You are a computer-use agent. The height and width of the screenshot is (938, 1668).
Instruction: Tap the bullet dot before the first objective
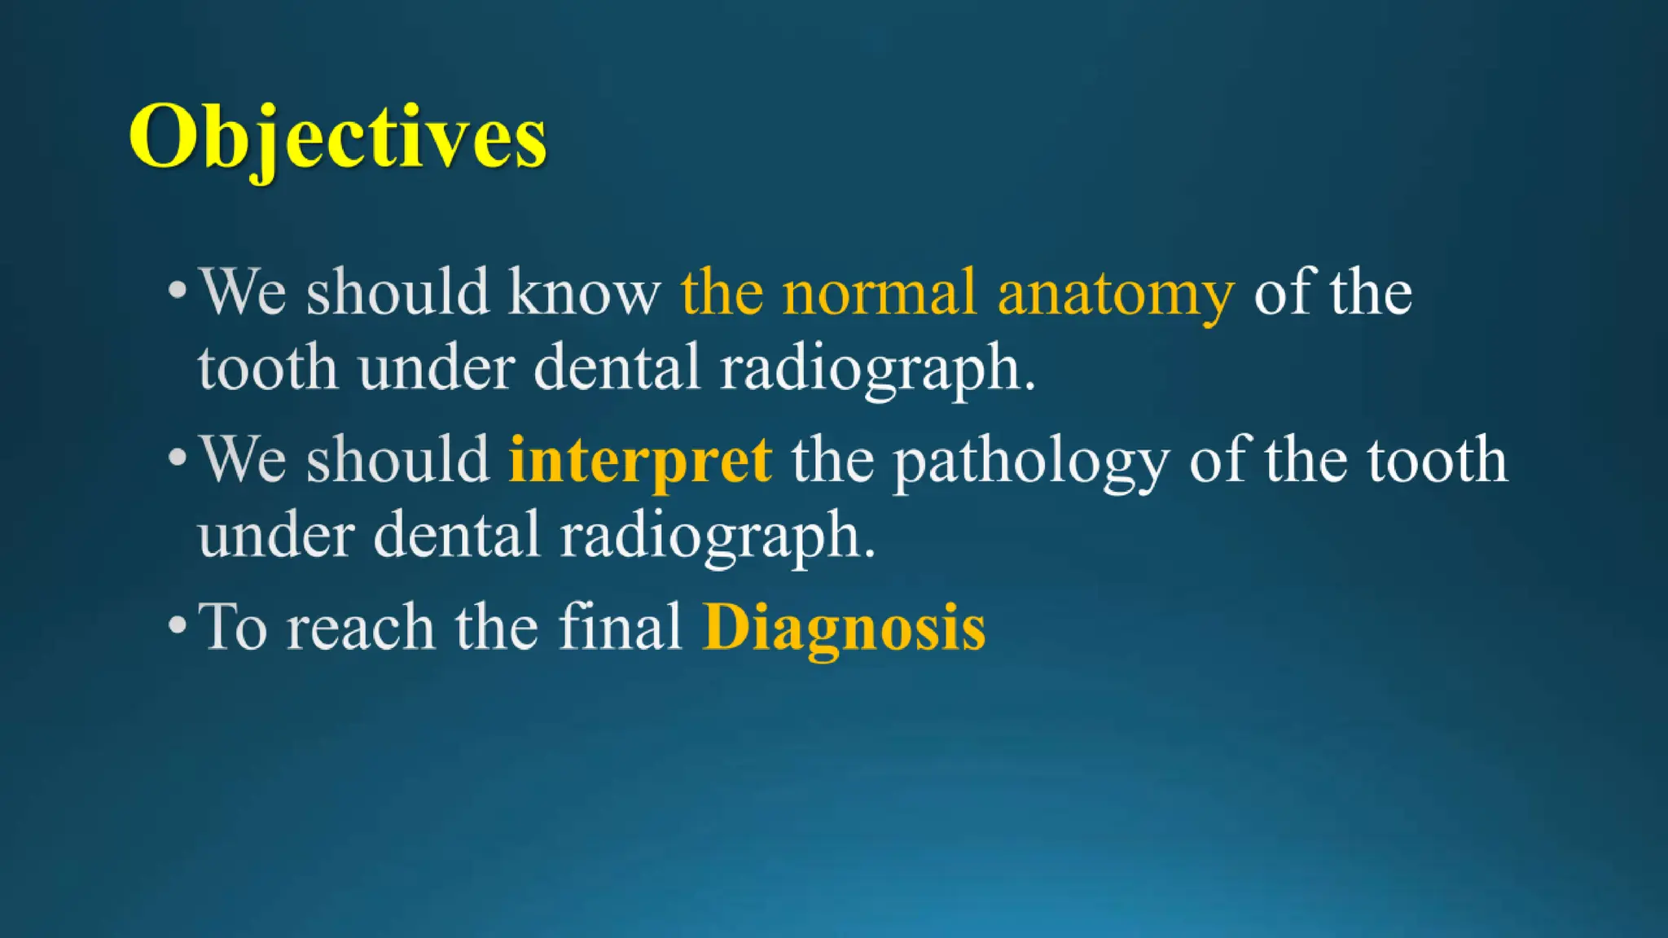click(177, 290)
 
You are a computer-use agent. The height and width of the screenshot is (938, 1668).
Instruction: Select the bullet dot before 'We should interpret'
click(177, 458)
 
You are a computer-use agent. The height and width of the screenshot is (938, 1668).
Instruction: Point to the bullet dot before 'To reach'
click(177, 625)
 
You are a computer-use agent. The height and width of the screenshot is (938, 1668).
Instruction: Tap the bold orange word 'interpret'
click(640, 461)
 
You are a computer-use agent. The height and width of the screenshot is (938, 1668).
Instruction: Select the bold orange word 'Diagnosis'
click(844, 629)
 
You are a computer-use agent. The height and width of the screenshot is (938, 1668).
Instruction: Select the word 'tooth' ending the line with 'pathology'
click(1437, 460)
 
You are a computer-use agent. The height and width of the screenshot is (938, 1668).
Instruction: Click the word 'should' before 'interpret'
click(397, 459)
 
